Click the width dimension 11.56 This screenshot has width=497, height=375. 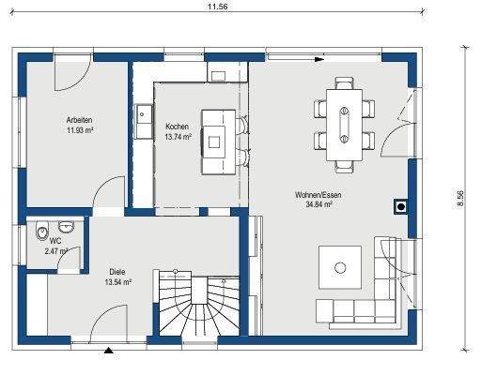218,6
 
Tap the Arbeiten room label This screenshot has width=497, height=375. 79,122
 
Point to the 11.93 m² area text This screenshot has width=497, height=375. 79,132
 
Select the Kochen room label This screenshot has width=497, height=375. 177,127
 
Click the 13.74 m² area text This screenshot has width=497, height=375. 178,137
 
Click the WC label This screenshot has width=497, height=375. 55,241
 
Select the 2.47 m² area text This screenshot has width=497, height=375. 57,251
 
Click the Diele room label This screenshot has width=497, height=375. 117,271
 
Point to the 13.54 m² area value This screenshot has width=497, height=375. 117,281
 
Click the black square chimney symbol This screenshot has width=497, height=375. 401,207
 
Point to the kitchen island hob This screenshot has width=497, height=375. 215,142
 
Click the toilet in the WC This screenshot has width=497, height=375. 40,232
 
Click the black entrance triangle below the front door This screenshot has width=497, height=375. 111,351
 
